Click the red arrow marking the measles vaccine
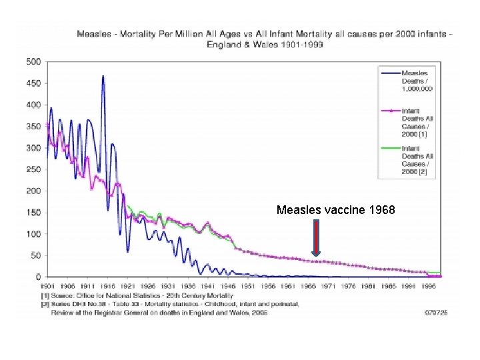316,241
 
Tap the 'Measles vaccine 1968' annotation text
336,210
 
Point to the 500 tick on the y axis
33,62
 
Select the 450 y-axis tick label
33,83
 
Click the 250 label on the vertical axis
33,169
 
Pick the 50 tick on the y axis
36,255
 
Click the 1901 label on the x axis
47,286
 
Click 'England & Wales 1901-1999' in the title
263,44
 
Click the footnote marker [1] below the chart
45,295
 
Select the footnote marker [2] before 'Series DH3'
45,303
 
